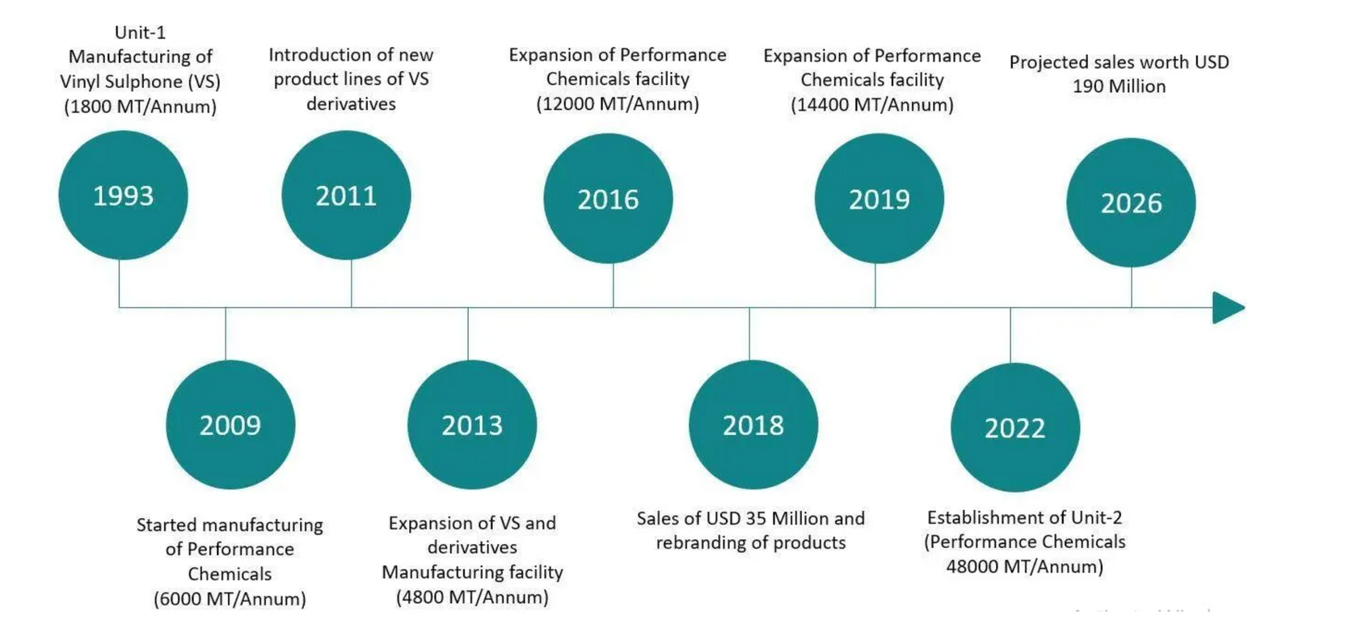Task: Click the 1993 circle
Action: [123, 196]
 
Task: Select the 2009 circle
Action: [230, 425]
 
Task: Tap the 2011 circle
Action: [346, 196]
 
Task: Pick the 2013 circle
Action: [472, 425]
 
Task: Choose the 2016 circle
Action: [608, 199]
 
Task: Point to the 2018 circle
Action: [753, 425]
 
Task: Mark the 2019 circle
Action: [879, 199]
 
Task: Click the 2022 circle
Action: [1015, 428]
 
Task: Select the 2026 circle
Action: [1131, 203]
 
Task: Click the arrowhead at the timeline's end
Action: [1227, 308]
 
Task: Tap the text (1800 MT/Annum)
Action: [141, 107]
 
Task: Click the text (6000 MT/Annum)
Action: [230, 599]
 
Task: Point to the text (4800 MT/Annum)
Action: [472, 597]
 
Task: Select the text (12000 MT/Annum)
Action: [618, 104]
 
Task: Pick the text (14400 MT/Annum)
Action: [872, 105]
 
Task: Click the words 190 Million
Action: [1120, 86]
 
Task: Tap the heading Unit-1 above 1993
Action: [141, 32]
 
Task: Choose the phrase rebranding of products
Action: [751, 543]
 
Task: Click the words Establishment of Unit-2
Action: [1024, 517]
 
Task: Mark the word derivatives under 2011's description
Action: [351, 104]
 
